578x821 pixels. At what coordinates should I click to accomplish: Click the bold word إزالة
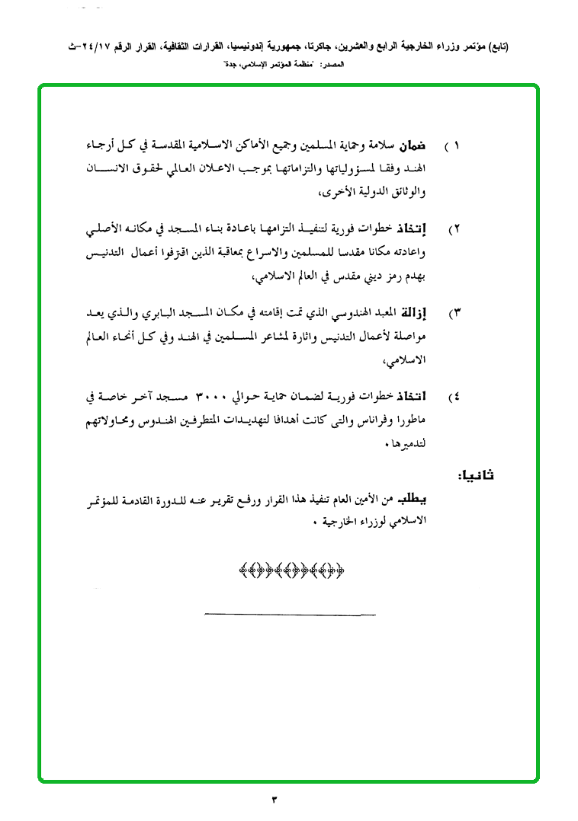(435, 311)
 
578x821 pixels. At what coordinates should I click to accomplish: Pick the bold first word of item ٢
(435, 227)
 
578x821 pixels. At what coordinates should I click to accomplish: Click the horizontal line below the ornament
(291, 614)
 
